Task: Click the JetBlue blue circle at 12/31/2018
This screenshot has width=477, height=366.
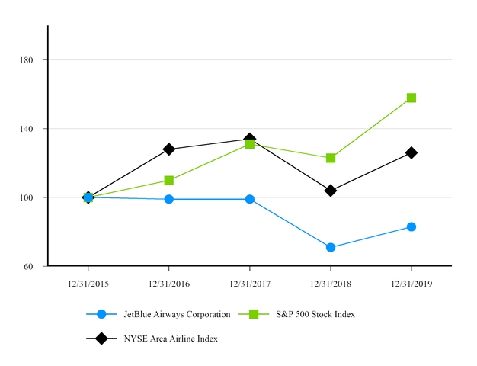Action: pyautogui.click(x=331, y=248)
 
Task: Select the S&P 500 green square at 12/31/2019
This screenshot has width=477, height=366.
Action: pyautogui.click(x=411, y=98)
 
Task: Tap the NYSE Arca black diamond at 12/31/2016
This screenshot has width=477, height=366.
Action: pyautogui.click(x=169, y=149)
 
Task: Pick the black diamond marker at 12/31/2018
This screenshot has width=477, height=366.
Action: pyautogui.click(x=331, y=191)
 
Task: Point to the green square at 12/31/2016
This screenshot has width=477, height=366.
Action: pyautogui.click(x=169, y=181)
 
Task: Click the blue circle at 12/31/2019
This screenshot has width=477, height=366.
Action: pyautogui.click(x=411, y=226)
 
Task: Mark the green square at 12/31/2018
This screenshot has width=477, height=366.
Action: pyautogui.click(x=331, y=158)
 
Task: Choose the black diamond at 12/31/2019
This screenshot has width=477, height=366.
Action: pyautogui.click(x=411, y=152)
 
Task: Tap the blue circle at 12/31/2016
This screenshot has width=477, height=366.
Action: pyautogui.click(x=169, y=199)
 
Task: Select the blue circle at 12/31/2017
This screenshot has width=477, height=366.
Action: pyautogui.click(x=250, y=199)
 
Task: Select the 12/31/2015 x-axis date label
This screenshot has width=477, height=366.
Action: pyautogui.click(x=88, y=284)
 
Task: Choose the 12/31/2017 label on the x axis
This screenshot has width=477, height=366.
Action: pyautogui.click(x=250, y=284)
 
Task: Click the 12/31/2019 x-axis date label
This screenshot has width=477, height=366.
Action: pyautogui.click(x=411, y=284)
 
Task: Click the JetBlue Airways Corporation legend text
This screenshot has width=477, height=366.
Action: pyautogui.click(x=177, y=314)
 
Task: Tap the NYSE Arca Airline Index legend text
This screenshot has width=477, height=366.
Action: pyautogui.click(x=171, y=339)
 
